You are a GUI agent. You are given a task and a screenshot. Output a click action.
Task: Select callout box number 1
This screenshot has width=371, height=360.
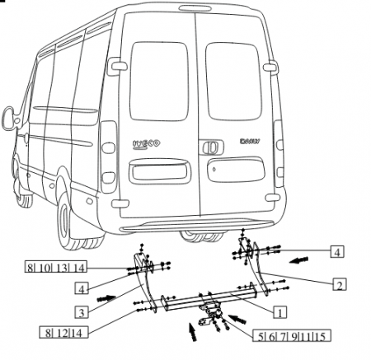(279, 312)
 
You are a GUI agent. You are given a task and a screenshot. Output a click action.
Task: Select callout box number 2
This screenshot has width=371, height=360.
(339, 285)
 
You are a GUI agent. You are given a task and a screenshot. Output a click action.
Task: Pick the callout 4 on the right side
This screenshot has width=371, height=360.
(339, 250)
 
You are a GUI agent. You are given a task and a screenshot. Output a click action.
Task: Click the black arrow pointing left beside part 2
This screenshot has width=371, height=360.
(303, 259)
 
